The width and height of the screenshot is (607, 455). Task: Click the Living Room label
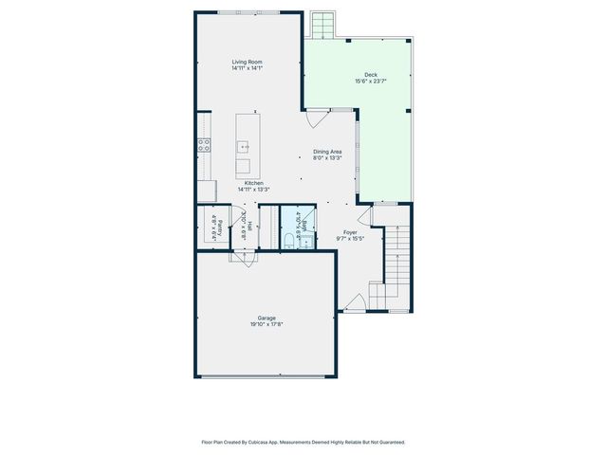(x=248, y=63)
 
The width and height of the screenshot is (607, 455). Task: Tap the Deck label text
(x=370, y=75)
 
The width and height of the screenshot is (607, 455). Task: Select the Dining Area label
(x=327, y=152)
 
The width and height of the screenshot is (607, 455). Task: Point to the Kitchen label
(x=253, y=183)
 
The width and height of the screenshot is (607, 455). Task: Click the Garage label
(x=267, y=318)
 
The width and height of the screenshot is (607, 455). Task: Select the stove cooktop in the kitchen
(x=203, y=145)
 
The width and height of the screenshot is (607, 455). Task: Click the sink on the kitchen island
(x=244, y=147)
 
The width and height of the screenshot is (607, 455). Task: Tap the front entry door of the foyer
(x=356, y=302)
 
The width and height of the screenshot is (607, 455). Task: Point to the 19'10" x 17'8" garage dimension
(x=267, y=324)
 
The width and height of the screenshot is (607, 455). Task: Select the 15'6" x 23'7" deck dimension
(x=370, y=82)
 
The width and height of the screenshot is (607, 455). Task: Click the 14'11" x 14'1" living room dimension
(x=248, y=69)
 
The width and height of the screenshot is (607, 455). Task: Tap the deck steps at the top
(x=323, y=23)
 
